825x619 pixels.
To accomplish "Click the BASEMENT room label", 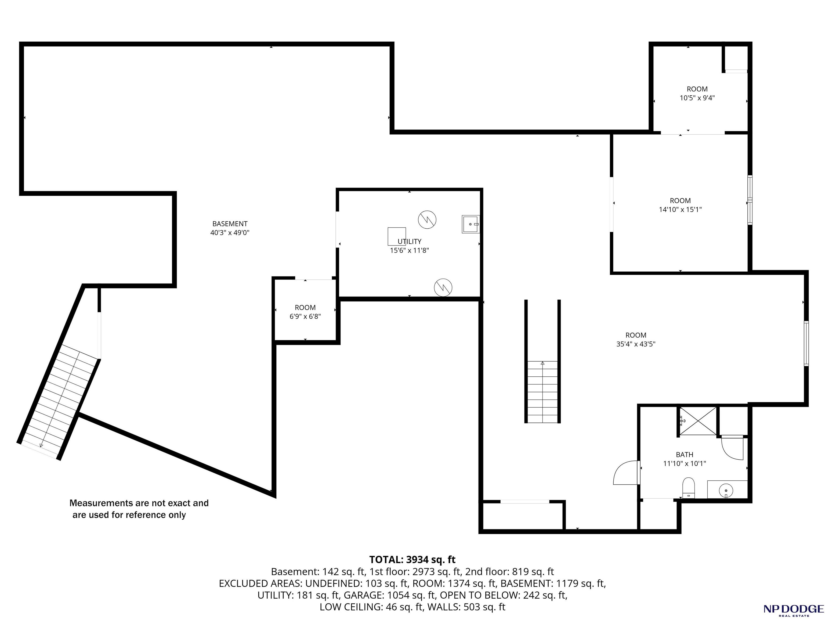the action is click(230, 224).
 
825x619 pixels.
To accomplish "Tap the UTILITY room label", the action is click(410, 242).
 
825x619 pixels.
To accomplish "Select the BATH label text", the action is click(685, 455).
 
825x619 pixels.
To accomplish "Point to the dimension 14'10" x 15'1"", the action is click(680, 210).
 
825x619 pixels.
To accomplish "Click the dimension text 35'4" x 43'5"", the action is click(636, 344).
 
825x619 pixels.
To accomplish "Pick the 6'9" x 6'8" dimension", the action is click(305, 316).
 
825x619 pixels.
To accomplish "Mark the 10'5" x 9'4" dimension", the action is click(697, 98).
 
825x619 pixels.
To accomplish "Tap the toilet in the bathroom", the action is click(689, 488).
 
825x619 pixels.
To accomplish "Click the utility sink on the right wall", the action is click(471, 224).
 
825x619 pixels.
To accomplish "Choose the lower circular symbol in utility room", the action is click(443, 287).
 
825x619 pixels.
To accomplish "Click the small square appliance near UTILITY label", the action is click(397, 236).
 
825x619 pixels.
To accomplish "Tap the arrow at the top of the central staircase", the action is click(543, 363).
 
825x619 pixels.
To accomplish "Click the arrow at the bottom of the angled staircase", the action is click(41, 444).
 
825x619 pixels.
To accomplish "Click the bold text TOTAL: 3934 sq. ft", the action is click(412, 560).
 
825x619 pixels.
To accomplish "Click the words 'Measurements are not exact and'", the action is click(139, 503).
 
